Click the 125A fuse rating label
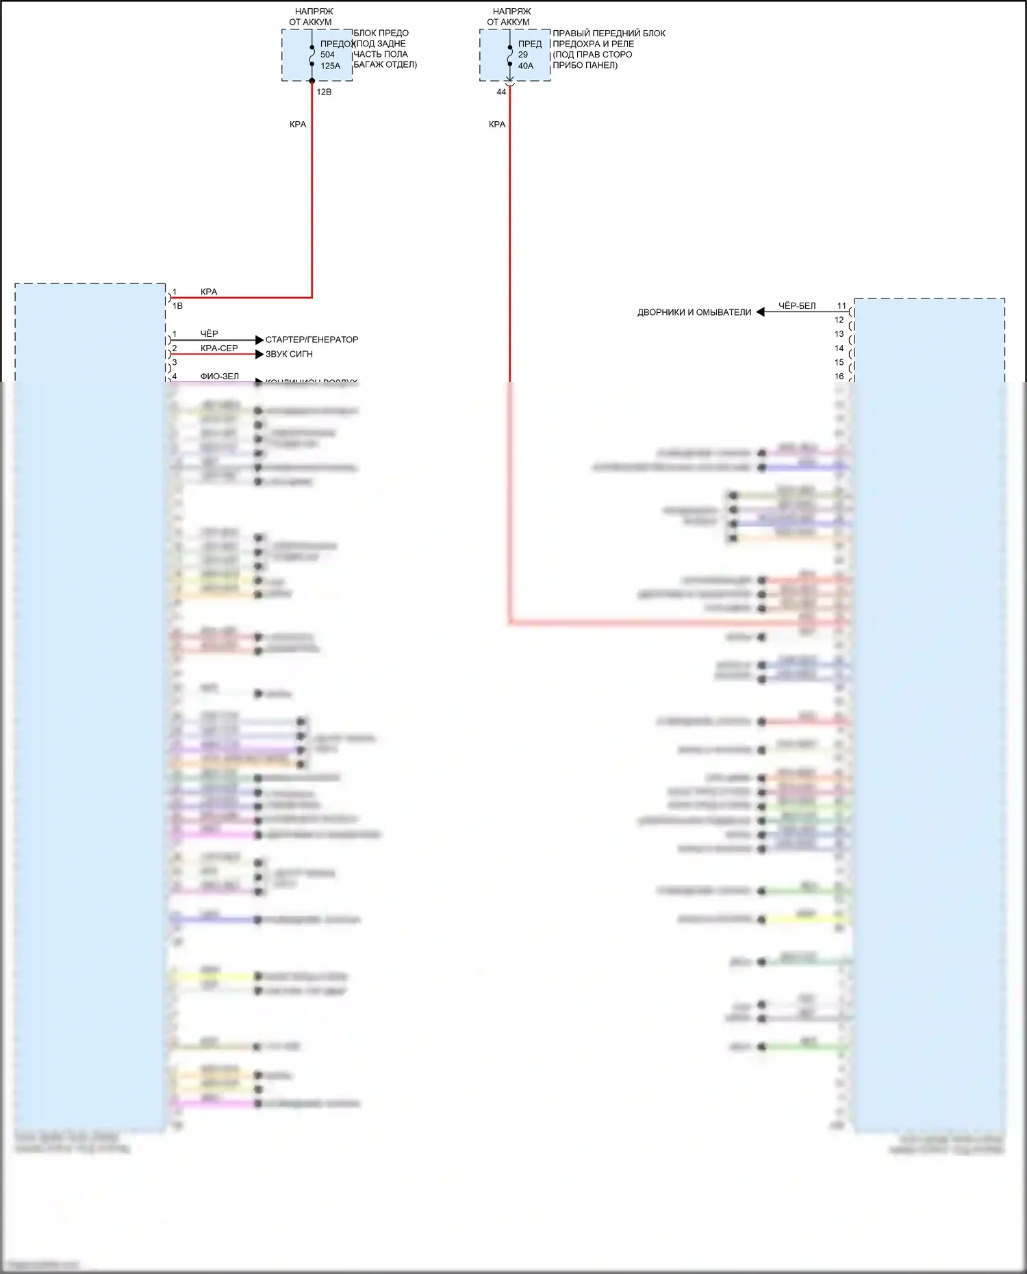pyautogui.click(x=330, y=66)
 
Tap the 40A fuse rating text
pyautogui.click(x=525, y=66)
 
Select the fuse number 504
pyautogui.click(x=327, y=55)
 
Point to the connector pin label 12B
pyautogui.click(x=324, y=92)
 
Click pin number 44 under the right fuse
pyautogui.click(x=501, y=92)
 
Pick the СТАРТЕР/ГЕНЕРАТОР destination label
pyautogui.click(x=312, y=340)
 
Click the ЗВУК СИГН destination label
pyautogui.click(x=289, y=354)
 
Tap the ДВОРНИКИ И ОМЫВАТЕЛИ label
pyautogui.click(x=694, y=312)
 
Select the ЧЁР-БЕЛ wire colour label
pyautogui.click(x=797, y=306)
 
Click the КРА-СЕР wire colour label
pyautogui.click(x=219, y=348)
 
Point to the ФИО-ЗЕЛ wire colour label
pyautogui.click(x=219, y=377)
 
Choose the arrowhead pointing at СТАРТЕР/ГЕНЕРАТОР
pyautogui.click(x=259, y=340)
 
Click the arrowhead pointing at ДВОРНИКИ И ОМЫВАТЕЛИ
pyautogui.click(x=760, y=312)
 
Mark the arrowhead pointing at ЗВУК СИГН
pyautogui.click(x=259, y=354)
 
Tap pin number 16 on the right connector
pyautogui.click(x=839, y=377)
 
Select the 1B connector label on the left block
pyautogui.click(x=177, y=306)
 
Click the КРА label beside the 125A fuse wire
pyautogui.click(x=298, y=125)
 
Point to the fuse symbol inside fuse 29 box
pyautogui.click(x=510, y=55)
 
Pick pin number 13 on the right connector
pyautogui.click(x=839, y=334)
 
